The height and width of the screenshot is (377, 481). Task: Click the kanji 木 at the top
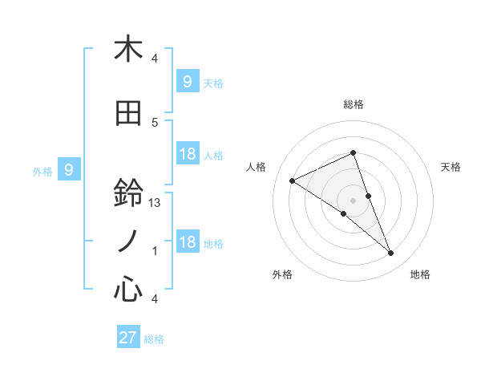pyautogui.click(x=128, y=49)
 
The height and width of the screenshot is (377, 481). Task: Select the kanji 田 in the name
pyautogui.click(x=128, y=113)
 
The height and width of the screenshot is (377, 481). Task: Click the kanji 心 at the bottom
pyautogui.click(x=128, y=289)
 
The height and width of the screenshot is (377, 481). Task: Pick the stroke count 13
pyautogui.click(x=156, y=203)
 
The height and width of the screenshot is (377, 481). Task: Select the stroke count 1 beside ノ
pyautogui.click(x=155, y=251)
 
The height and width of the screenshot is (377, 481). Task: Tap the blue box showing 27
pyautogui.click(x=127, y=338)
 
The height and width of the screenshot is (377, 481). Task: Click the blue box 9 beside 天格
pyautogui.click(x=187, y=81)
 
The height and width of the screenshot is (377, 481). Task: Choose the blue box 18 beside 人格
pyautogui.click(x=187, y=154)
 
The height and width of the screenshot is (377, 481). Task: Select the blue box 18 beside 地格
pyautogui.click(x=187, y=243)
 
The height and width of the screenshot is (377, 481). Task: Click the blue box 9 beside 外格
pyautogui.click(x=70, y=169)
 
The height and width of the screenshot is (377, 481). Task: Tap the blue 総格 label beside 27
pyautogui.click(x=154, y=339)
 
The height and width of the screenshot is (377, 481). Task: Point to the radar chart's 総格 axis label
pyautogui.click(x=353, y=104)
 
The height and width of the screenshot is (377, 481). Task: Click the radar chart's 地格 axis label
pyautogui.click(x=420, y=274)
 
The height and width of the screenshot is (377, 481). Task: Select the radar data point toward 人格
pyautogui.click(x=293, y=181)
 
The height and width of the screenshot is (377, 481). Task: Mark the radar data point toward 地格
pyautogui.click(x=391, y=253)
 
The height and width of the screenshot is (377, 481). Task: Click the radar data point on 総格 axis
pyautogui.click(x=353, y=152)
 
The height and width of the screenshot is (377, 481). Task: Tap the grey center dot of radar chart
pyautogui.click(x=353, y=200)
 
